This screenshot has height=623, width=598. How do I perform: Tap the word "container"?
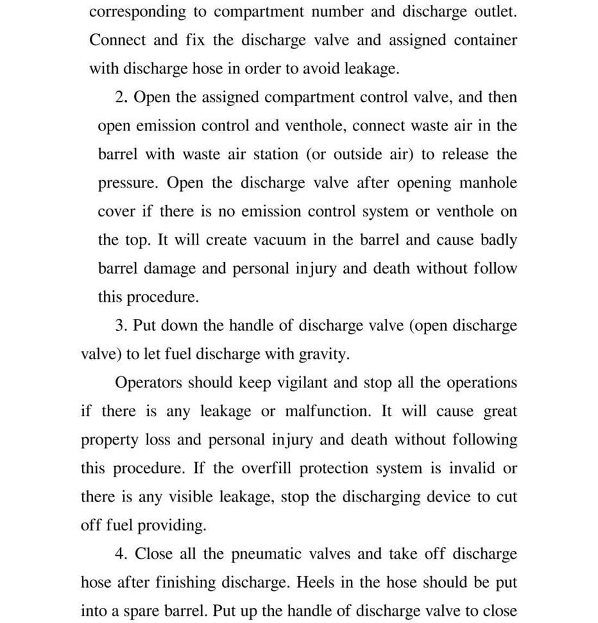pyautogui.click(x=485, y=40)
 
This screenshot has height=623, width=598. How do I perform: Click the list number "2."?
pyautogui.click(x=122, y=97)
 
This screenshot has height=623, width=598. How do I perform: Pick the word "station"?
pyautogui.click(x=273, y=154)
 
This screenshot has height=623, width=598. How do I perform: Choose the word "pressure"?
pyautogui.click(x=127, y=183)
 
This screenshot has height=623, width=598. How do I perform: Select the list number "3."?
pyautogui.click(x=122, y=326)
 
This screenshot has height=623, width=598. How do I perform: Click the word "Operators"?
pyautogui.click(x=149, y=383)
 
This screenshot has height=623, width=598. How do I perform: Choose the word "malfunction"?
pyautogui.click(x=328, y=411)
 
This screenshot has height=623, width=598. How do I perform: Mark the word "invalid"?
pyautogui.click(x=472, y=468)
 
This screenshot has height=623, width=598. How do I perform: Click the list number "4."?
pyautogui.click(x=122, y=554)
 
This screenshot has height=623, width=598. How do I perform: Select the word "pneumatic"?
pyautogui.click(x=266, y=554)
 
